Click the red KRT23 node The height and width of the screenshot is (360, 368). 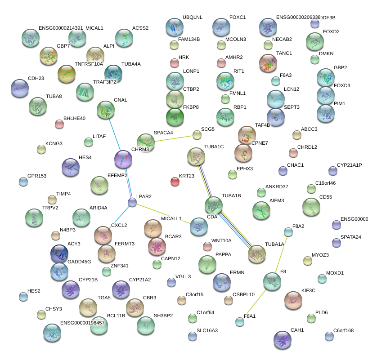(175, 182)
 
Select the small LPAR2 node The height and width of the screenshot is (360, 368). (132, 203)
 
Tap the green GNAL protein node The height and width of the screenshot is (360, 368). (106, 110)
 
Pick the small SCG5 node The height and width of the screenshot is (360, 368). (197, 134)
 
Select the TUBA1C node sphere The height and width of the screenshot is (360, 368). (196, 156)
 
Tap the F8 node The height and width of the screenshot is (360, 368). (272, 281)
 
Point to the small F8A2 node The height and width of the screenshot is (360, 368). (288, 231)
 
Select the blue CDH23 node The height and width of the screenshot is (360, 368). (19, 88)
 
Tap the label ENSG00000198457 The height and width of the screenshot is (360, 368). (82, 323)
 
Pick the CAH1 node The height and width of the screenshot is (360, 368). (283, 340)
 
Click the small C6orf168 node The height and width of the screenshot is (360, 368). (329, 336)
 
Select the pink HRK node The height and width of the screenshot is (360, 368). (174, 62)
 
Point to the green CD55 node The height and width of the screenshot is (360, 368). (311, 207)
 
